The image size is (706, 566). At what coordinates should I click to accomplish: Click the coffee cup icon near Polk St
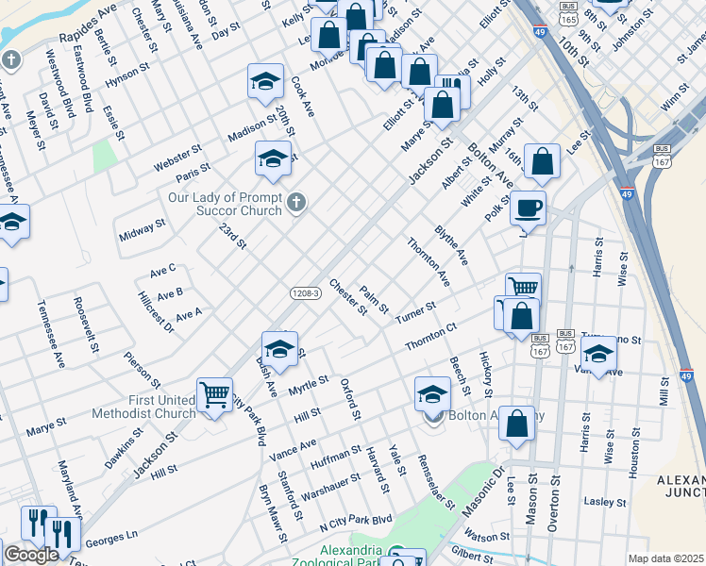pyautogui.click(x=528, y=207)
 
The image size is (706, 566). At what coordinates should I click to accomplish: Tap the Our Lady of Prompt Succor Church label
pyautogui.click(x=224, y=204)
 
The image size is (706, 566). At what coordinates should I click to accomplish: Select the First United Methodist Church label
pyautogui.click(x=143, y=407)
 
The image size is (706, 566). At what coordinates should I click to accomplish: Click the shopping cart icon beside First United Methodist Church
pyautogui.click(x=214, y=393)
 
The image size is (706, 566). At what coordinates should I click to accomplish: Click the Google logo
pyautogui.click(x=31, y=555)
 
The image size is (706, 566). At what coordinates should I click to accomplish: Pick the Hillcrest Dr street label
pyautogui.click(x=156, y=312)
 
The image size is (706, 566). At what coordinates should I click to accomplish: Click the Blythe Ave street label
pyautogui.click(x=451, y=244)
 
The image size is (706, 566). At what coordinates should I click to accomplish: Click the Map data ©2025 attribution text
pyautogui.click(x=665, y=558)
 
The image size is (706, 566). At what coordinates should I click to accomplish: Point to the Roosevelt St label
pyautogui.click(x=86, y=326)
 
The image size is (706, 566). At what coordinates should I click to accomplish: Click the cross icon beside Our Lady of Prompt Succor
pyautogui.click(x=296, y=203)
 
